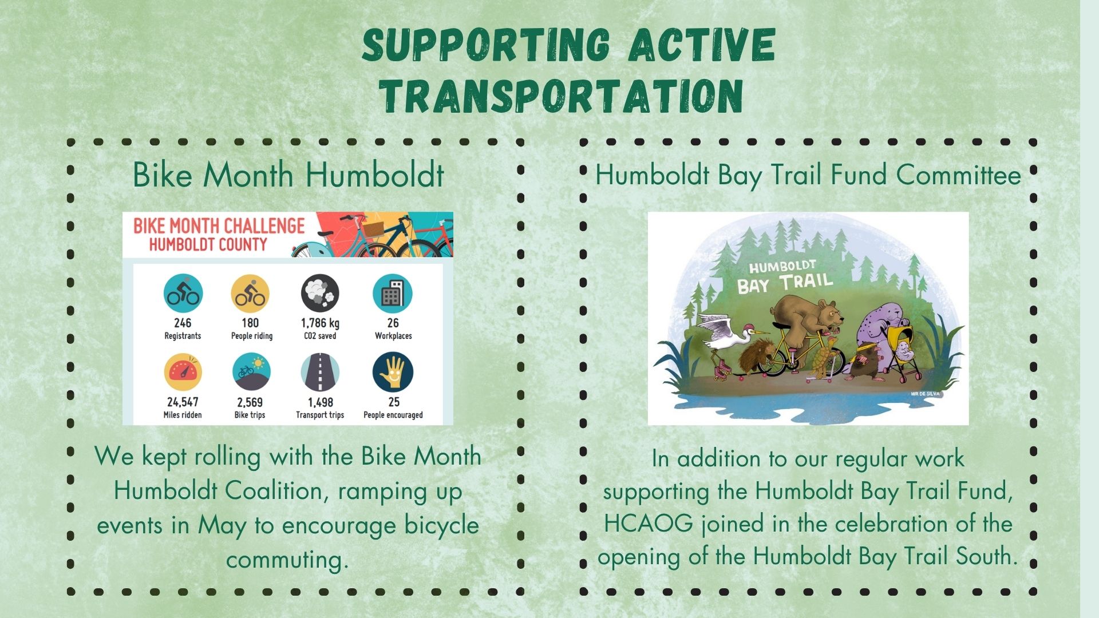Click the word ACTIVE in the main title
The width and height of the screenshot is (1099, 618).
tap(702, 44)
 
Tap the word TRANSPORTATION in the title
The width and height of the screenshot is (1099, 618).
tap(563, 95)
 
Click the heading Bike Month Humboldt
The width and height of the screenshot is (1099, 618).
tap(288, 175)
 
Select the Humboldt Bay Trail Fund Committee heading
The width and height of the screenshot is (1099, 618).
tap(808, 175)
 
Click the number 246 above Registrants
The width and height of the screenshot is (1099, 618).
tap(183, 323)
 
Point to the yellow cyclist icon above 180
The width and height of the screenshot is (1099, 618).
tap(250, 294)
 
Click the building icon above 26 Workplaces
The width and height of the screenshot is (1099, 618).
tap(393, 294)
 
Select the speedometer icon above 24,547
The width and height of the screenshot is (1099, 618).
tap(183, 372)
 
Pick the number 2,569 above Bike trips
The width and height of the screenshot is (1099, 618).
tap(250, 402)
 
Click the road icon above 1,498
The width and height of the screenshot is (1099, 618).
tap(320, 372)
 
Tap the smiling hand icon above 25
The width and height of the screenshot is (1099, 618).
tap(393, 372)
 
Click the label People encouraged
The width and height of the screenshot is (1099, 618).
tap(393, 415)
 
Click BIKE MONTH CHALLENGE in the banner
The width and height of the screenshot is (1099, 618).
tap(219, 225)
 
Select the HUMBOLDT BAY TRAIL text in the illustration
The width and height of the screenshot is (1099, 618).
tap(784, 276)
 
